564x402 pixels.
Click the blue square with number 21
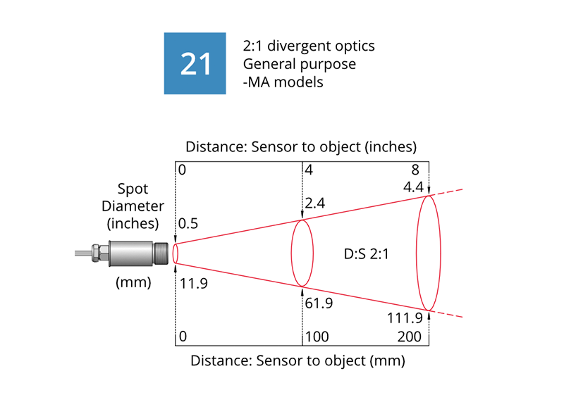195,63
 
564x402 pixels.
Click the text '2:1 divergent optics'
308,46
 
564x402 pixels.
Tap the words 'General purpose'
299,64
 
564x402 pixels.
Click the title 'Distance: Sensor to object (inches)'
302,147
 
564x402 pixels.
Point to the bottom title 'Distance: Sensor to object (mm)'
299,362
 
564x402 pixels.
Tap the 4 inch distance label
309,170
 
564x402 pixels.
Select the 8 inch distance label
417,170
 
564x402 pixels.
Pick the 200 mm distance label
409,337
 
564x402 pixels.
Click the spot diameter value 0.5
189,224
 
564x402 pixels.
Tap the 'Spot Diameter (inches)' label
133,207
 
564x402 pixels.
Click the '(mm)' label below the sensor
133,284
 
